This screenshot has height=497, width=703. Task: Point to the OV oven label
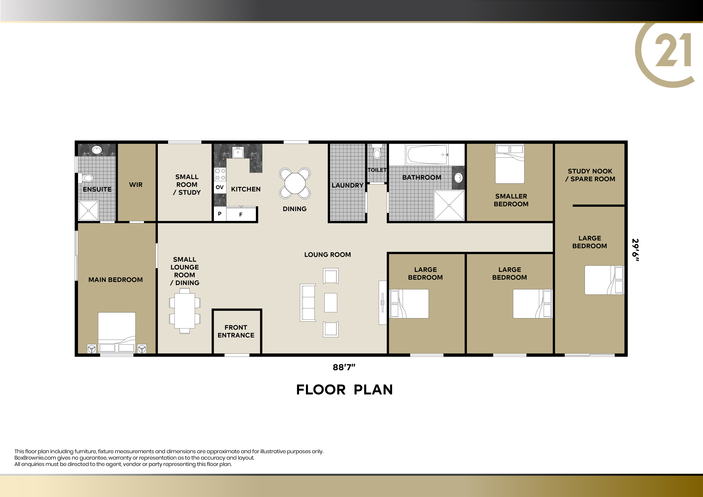220,187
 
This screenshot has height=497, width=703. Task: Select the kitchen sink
238,152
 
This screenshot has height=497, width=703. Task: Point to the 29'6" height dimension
636,250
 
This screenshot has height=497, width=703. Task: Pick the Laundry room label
347,185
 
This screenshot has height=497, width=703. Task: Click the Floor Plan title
344,390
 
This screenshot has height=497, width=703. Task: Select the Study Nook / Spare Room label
590,175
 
